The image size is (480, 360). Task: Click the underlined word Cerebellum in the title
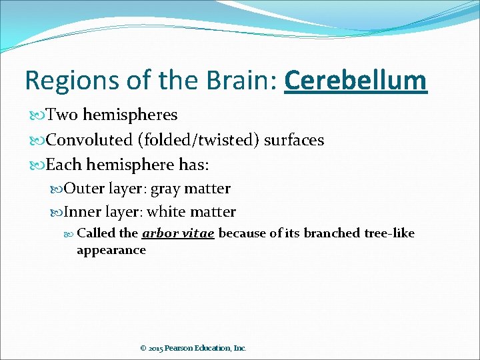pos(355,81)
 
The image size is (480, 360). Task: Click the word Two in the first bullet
pos(62,115)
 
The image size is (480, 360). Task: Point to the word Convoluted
pos(89,140)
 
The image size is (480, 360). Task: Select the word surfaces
pos(294,140)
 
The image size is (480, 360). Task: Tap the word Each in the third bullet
pos(63,165)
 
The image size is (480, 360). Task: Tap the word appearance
pos(111,250)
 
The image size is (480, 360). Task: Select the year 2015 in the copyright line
pos(156,348)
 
